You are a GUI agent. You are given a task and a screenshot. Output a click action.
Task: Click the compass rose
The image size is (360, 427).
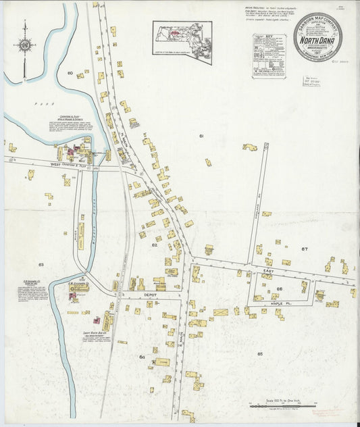[25, 45]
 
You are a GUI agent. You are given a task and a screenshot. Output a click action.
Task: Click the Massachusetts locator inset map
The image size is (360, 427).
[182, 42]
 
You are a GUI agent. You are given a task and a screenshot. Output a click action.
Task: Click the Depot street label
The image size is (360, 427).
[149, 295]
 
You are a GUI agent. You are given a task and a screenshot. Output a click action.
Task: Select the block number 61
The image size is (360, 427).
[201, 136]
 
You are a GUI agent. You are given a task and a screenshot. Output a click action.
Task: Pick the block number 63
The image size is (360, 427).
[41, 265]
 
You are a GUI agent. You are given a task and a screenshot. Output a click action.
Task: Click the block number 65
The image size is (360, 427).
[259, 353]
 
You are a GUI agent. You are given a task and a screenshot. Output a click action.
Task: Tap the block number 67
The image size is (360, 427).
[305, 249]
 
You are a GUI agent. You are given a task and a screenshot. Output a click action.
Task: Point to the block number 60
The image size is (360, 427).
[70, 72]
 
